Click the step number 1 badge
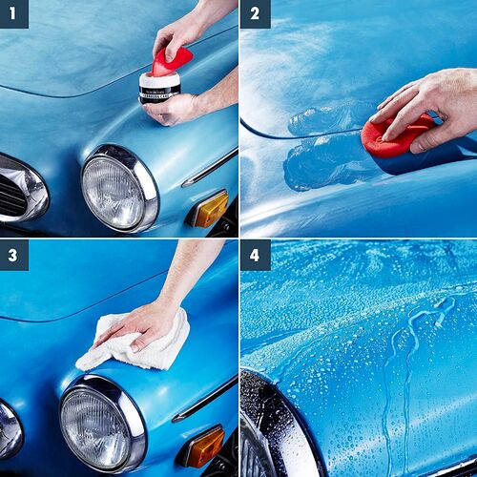coord(14,13)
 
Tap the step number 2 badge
coord(255,13)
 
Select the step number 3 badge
coord(14,255)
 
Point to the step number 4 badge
coord(255,255)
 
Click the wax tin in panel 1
coord(159,88)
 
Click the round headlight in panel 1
coord(114,190)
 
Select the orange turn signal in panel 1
coord(210,209)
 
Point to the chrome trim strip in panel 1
coord(209,168)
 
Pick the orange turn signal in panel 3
coord(203,446)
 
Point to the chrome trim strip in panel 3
coord(204,399)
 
